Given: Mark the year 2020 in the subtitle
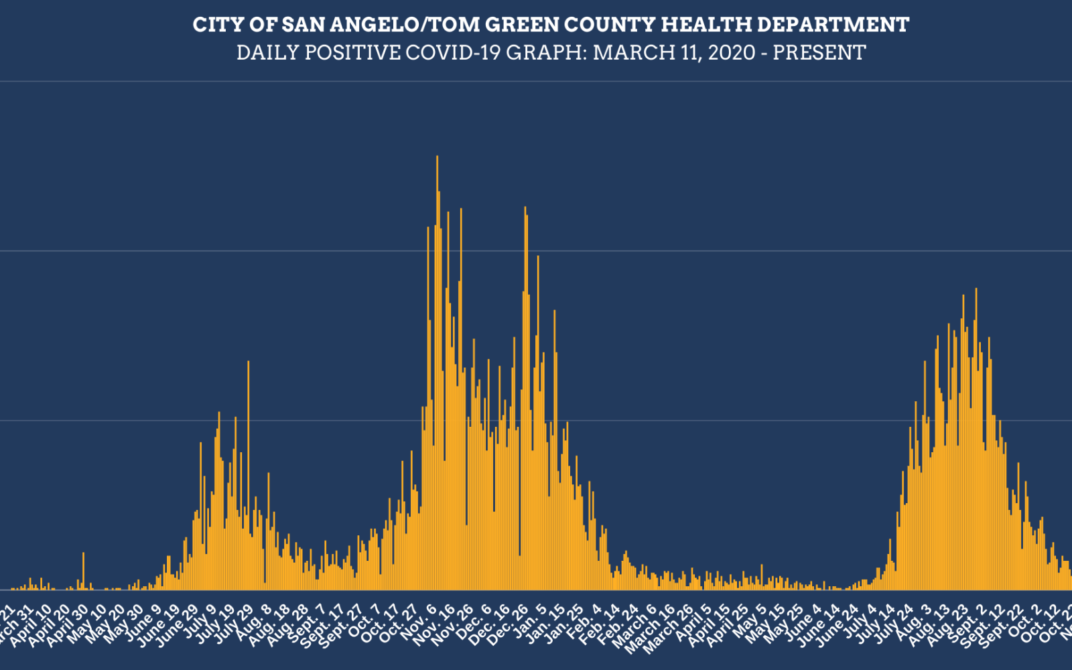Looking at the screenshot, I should click(x=733, y=52).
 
